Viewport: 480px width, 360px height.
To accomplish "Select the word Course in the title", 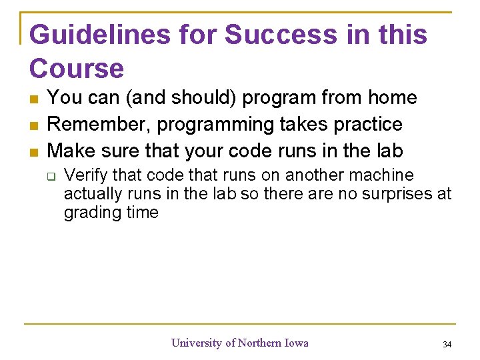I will [x=77, y=69].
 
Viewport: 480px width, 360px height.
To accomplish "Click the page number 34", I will [x=447, y=344].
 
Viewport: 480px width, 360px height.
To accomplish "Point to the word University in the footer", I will [x=197, y=343].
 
